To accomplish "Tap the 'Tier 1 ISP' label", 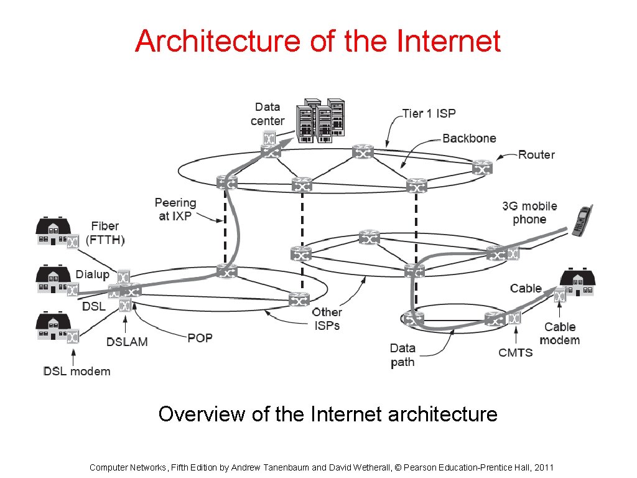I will click(429, 113).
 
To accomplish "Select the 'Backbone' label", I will click(469, 138).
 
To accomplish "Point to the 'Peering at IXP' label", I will click(175, 209).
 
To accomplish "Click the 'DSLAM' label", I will click(128, 342).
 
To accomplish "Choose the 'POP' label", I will click(200, 338).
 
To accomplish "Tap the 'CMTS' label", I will click(516, 352).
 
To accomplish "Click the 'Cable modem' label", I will click(560, 334).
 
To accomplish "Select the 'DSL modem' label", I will click(77, 372).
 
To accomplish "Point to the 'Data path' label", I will click(402, 355).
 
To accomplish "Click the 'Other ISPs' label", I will click(327, 319).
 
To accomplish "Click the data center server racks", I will click(320, 120).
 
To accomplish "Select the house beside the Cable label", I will click(579, 283).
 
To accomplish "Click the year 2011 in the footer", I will click(544, 467).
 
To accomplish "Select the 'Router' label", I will click(536, 154).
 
